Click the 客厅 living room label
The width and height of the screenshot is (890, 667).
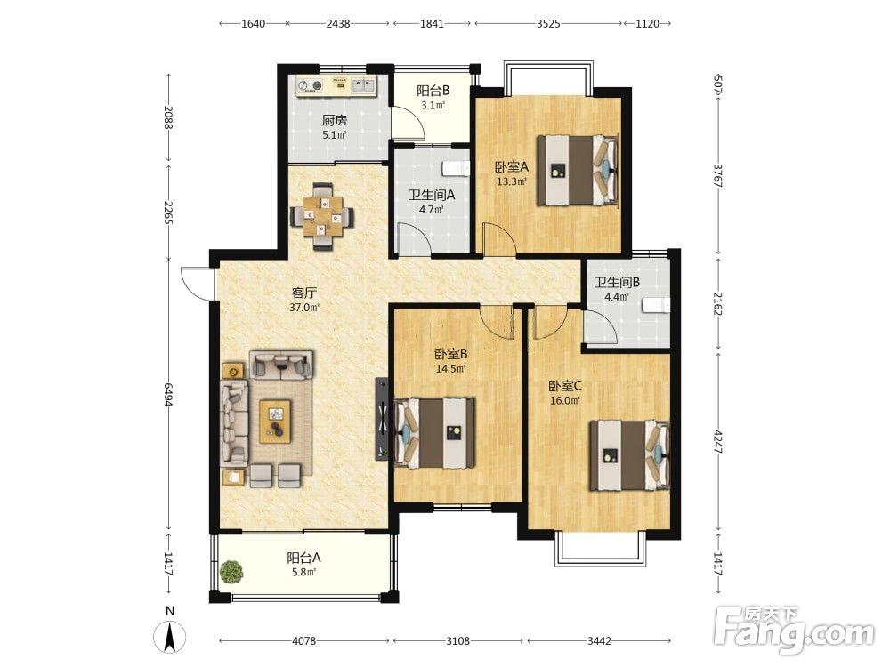point(304,293)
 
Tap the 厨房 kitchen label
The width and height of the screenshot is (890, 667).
point(335,120)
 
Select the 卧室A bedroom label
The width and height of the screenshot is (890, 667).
point(512,167)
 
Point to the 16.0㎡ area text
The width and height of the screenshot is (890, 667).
point(565,401)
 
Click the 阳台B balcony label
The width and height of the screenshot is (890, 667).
point(433,90)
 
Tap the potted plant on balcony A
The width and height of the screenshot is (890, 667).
point(231,571)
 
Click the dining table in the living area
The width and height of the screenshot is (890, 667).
point(322,216)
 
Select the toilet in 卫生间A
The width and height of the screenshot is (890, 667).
point(456,168)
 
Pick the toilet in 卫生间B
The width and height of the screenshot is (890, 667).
point(657,306)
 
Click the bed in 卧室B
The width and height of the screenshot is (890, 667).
point(435,433)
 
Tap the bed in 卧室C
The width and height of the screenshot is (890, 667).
point(629,455)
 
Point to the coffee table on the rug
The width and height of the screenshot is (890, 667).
point(275,422)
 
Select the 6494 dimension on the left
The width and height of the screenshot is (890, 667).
point(168,394)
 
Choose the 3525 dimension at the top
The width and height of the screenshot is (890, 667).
point(548,23)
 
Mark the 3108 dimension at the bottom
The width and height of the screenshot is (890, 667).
point(457,641)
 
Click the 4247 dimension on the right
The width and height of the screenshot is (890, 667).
point(718,442)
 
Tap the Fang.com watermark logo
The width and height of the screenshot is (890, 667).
point(794,629)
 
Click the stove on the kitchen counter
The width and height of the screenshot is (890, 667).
point(309,86)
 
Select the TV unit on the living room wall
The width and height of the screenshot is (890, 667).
point(382,419)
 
